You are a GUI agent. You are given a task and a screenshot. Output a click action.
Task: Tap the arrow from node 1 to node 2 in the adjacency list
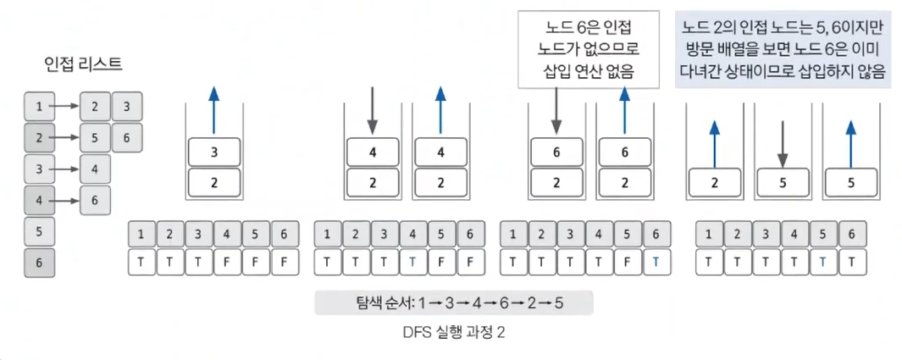tap(64, 107)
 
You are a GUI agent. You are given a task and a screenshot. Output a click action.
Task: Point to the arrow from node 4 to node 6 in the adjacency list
tap(64, 200)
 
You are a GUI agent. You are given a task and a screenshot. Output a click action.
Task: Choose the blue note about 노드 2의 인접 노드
tap(782, 50)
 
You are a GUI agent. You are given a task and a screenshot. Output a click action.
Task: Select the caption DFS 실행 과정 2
tap(454, 333)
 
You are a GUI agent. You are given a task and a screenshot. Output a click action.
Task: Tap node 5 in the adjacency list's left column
tap(39, 230)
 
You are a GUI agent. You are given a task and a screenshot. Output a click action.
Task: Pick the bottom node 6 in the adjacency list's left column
tap(39, 263)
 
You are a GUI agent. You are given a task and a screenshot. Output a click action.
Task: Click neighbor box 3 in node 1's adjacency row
tap(127, 107)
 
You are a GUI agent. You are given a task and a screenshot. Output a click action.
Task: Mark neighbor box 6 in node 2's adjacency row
tap(127, 136)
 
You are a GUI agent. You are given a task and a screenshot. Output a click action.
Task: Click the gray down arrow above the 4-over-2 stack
tap(371, 112)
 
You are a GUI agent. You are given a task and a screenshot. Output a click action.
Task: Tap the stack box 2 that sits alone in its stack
tap(714, 182)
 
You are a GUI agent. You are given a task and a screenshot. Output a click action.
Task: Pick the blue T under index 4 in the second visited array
tap(411, 263)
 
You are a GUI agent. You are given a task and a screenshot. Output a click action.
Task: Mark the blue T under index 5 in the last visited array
tap(822, 263)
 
